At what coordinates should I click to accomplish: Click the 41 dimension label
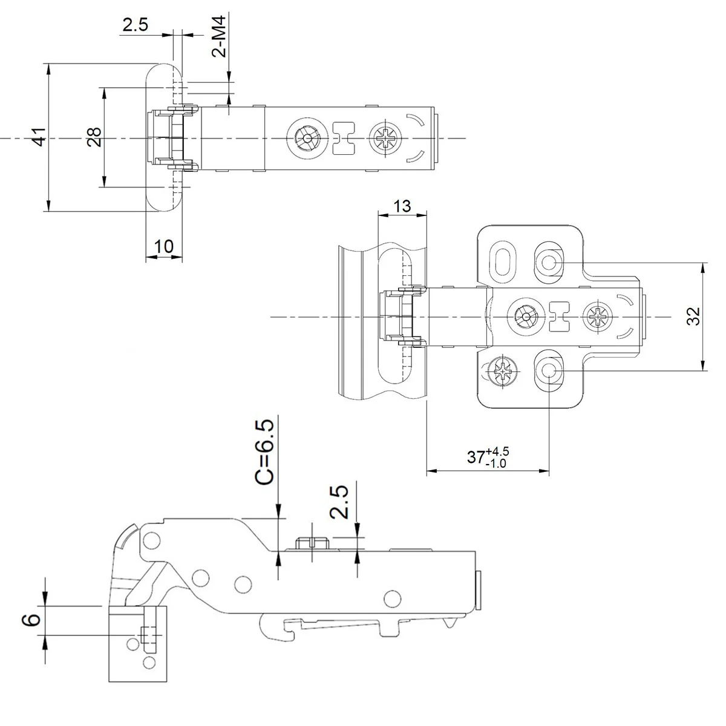click(38, 137)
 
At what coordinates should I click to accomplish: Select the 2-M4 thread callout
click(220, 37)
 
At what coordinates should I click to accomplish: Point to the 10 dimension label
click(164, 246)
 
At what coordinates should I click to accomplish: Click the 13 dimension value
click(402, 206)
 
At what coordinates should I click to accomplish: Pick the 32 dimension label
click(693, 316)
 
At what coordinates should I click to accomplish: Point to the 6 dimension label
click(34, 618)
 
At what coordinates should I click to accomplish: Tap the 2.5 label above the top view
click(135, 25)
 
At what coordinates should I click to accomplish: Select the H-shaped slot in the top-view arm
click(344, 139)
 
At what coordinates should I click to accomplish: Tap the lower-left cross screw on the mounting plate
click(503, 369)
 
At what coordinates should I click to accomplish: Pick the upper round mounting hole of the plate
click(549, 262)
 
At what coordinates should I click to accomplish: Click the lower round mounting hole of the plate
click(549, 370)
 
